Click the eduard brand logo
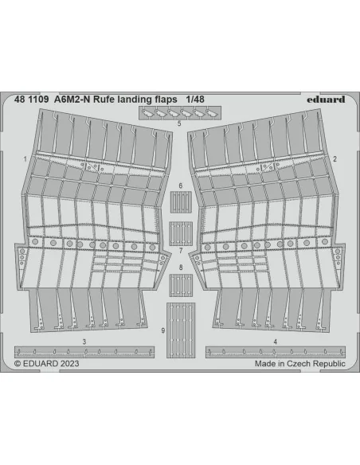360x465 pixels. pos(326,100)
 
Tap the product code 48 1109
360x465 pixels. pos(31,100)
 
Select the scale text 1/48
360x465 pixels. pos(195,100)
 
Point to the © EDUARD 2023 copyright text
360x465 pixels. pos(47,364)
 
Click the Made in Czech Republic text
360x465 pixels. pos(300,364)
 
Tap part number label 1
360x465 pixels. pos(25,159)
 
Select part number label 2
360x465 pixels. pos(335,159)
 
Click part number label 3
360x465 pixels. pos(84,342)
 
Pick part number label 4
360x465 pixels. pos(276,342)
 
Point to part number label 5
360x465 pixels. pos(179,123)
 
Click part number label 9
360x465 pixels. pos(163,330)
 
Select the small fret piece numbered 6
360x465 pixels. pos(181,202)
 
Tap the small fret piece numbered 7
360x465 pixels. pos(181,233)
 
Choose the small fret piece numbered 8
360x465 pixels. pos(181,285)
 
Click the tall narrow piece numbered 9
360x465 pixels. pos(181,330)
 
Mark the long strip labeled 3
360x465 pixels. pos(84,352)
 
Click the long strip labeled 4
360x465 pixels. pos(276,352)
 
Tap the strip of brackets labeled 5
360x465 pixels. pos(180,113)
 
